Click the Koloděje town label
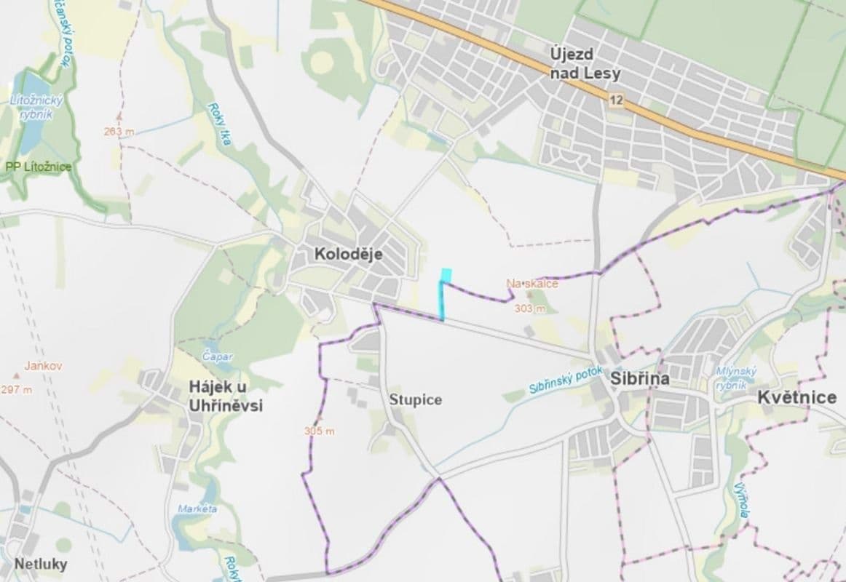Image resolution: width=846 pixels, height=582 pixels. click(348, 254)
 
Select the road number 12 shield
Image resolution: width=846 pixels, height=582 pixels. click(617, 100)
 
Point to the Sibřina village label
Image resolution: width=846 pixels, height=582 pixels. click(640, 379)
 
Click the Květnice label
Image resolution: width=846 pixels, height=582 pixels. click(797, 397)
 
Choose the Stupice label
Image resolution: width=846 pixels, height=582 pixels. click(415, 400)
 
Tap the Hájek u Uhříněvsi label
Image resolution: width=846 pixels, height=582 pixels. click(225, 396)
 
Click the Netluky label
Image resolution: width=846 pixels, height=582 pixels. click(41, 564)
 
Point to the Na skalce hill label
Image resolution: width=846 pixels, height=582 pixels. click(533, 284)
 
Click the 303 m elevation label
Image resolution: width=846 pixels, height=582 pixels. click(529, 308)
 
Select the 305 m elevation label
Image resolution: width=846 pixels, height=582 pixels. click(320, 431)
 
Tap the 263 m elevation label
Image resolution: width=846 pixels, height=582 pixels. click(119, 132)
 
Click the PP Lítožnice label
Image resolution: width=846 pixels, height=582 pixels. click(38, 167)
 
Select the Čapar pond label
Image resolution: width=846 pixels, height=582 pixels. click(218, 357)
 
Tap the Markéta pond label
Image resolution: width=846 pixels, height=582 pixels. click(197, 509)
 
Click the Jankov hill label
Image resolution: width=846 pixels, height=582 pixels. click(42, 366)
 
